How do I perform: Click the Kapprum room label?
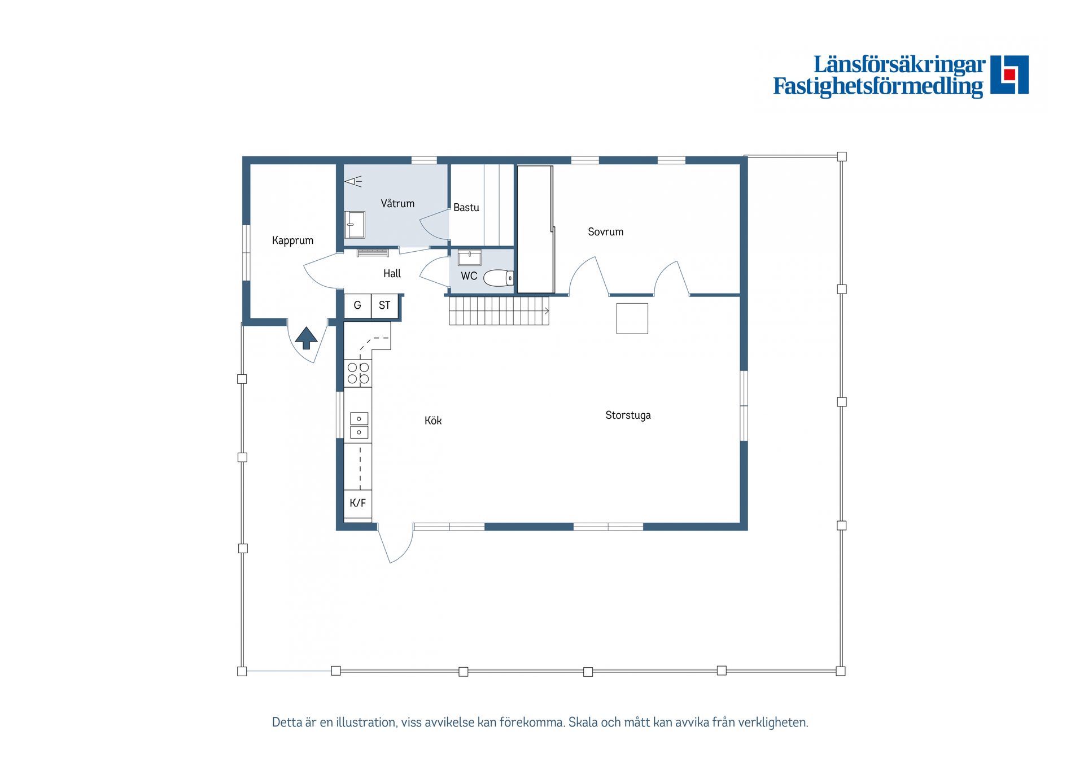[x=292, y=240]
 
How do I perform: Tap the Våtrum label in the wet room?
[x=397, y=203]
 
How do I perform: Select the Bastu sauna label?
[x=466, y=207]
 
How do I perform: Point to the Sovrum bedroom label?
[x=606, y=231]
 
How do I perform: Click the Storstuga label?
[x=628, y=415]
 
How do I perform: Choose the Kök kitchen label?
[x=433, y=421]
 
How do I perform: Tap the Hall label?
[x=392, y=274]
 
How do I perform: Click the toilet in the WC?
[x=499, y=278]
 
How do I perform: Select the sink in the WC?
[x=469, y=257]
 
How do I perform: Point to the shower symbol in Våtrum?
[x=353, y=181]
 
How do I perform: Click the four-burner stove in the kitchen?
[x=358, y=373]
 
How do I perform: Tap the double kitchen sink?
[x=359, y=426]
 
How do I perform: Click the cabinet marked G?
[x=357, y=305]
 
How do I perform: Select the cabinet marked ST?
[x=384, y=305]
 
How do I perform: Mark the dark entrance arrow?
[x=306, y=338]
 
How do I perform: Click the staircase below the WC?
[x=499, y=311]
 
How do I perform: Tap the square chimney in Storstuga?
[x=632, y=318]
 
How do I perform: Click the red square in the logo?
[x=1009, y=74]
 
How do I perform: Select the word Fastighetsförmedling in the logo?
[x=878, y=86]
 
